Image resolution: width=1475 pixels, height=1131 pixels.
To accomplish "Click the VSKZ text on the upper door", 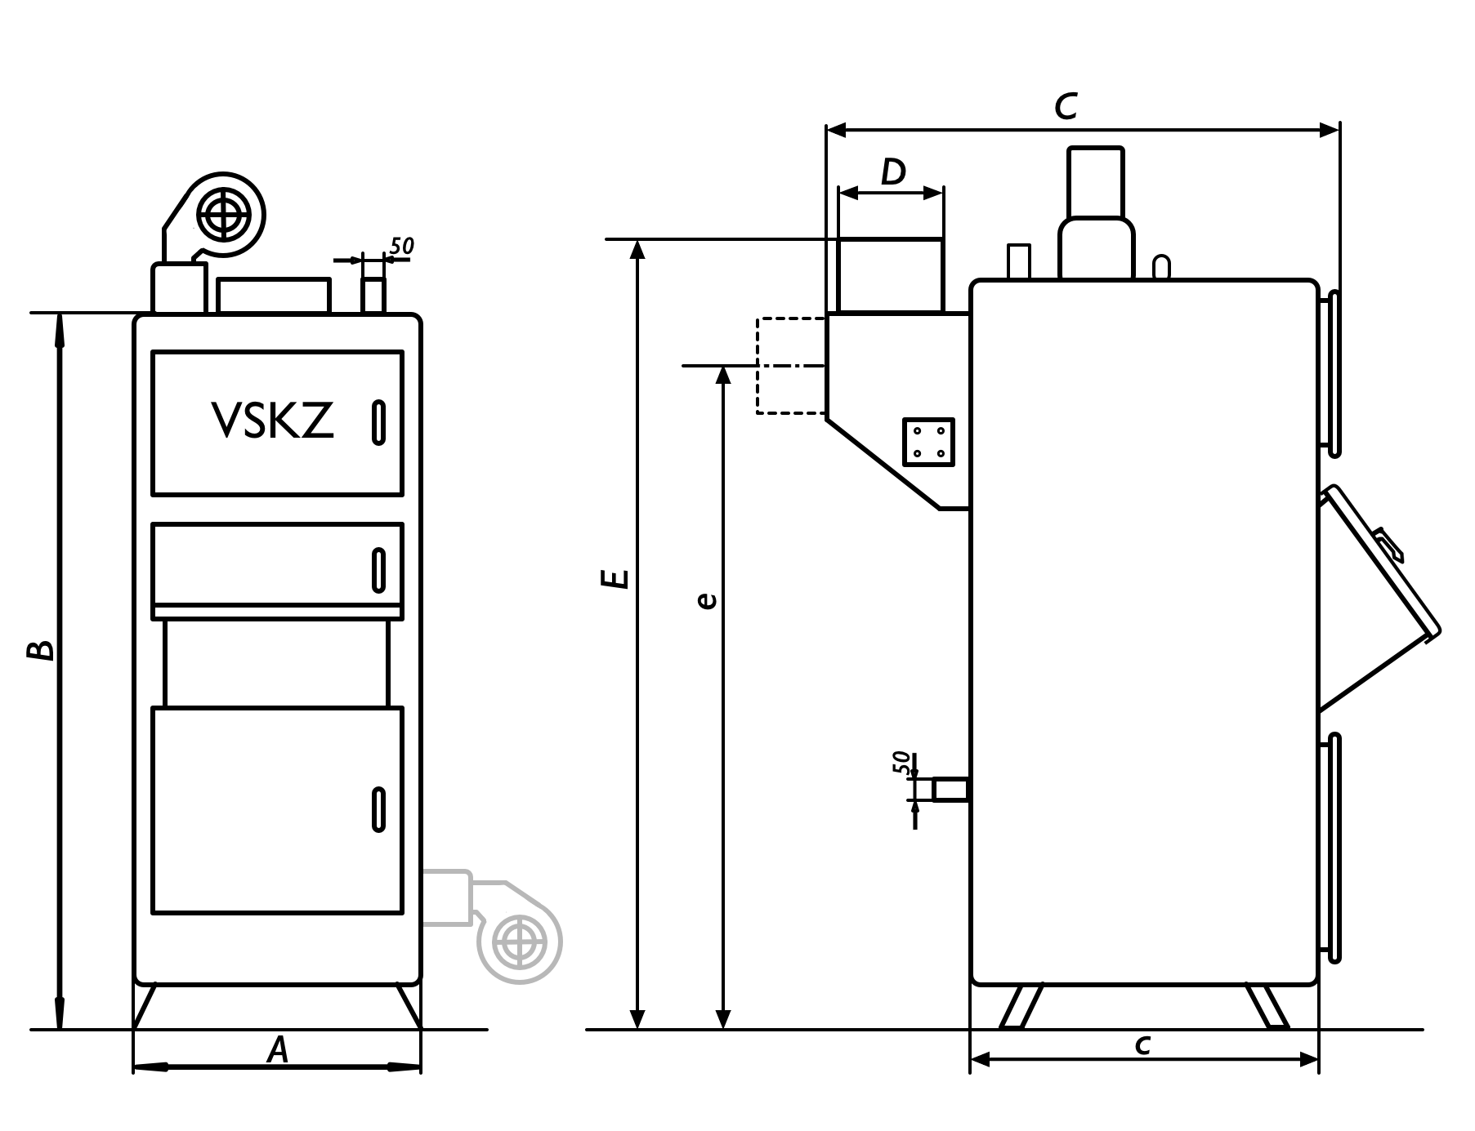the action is [273, 421].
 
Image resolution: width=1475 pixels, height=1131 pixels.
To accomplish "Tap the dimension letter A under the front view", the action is [278, 1050].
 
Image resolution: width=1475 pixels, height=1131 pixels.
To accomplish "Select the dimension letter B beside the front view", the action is [40, 650].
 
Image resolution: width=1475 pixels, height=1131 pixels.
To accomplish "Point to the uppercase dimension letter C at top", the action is [1066, 106].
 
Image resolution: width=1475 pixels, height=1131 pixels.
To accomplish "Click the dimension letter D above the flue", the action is [893, 172].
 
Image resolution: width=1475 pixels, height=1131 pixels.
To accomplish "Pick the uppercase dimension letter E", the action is [614, 578].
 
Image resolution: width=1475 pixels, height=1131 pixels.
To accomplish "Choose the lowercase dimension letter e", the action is [707, 600].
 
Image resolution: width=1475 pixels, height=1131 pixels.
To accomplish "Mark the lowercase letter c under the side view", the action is [1143, 1044].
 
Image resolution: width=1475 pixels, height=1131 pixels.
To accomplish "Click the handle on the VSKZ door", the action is [378, 422].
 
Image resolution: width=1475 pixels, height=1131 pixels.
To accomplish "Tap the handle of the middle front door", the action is [378, 570].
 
